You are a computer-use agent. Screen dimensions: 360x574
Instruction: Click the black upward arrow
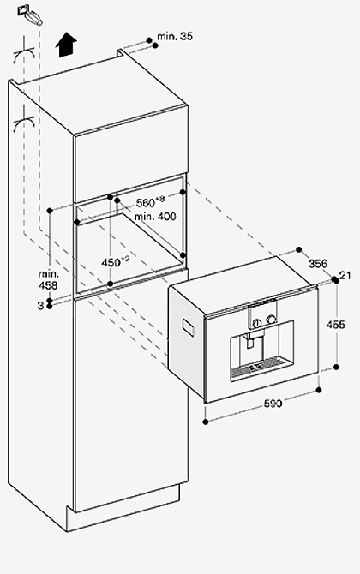pyautogui.click(x=66, y=45)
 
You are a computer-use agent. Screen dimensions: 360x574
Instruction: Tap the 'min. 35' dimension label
pyautogui.click(x=175, y=36)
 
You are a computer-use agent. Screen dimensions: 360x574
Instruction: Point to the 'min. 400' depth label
pyautogui.click(x=155, y=217)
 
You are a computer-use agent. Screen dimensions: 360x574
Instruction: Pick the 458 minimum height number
pyautogui.click(x=48, y=285)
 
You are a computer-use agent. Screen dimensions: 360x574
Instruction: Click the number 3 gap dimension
pyautogui.click(x=40, y=305)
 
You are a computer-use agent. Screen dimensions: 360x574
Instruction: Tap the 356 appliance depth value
pyautogui.click(x=318, y=263)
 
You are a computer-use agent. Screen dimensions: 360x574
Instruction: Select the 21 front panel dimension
pyautogui.click(x=345, y=275)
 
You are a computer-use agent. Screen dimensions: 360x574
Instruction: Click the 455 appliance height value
pyautogui.click(x=335, y=325)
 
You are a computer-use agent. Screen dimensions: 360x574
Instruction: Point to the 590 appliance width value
pyautogui.click(x=273, y=403)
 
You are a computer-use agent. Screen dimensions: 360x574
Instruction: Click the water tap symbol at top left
pyautogui.click(x=30, y=15)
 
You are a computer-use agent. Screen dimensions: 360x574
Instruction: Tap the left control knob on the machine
pyautogui.click(x=257, y=322)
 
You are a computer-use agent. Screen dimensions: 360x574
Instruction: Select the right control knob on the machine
pyautogui.click(x=271, y=319)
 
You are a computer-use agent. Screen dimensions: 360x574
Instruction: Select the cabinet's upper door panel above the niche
pyautogui.click(x=131, y=153)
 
